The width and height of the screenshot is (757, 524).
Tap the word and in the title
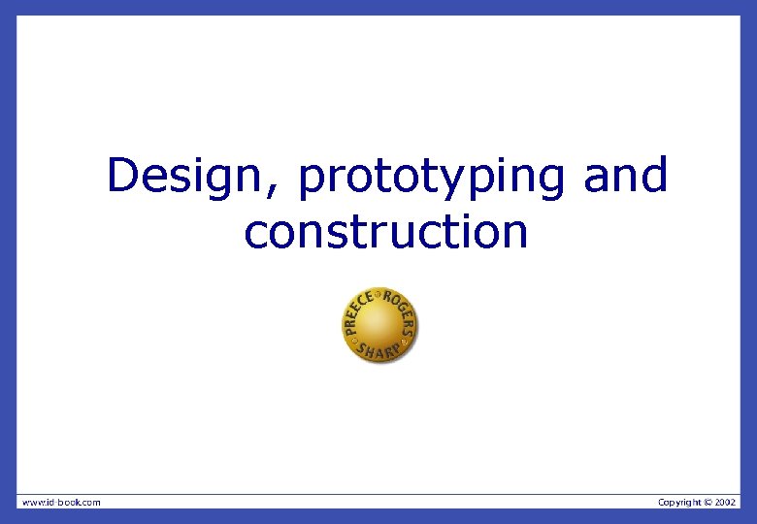tap(626, 176)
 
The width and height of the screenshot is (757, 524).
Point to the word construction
tap(385, 232)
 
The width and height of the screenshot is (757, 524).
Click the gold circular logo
tap(379, 325)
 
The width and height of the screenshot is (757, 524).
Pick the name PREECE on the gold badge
tap(356, 311)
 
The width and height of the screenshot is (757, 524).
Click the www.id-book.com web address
tap(61, 502)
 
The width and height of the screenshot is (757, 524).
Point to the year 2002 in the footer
tap(726, 502)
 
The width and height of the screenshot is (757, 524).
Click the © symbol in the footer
tap(708, 502)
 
